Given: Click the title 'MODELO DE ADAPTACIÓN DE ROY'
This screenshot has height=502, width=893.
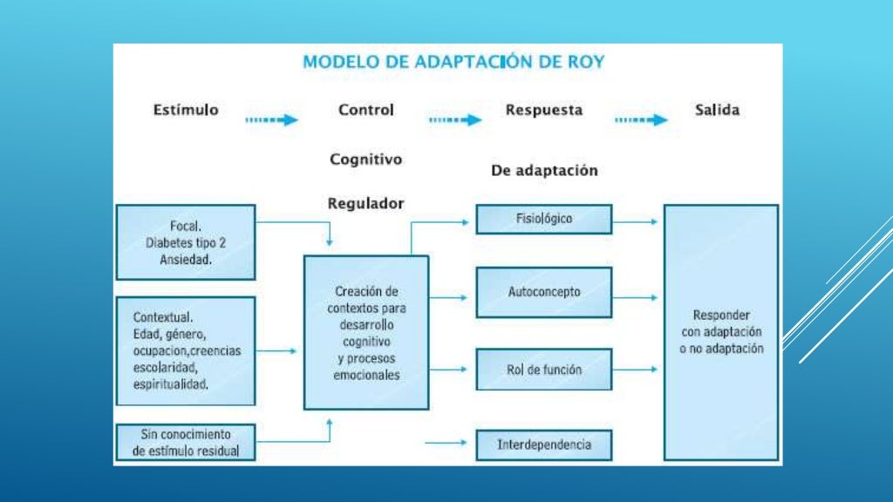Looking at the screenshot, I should click(453, 62).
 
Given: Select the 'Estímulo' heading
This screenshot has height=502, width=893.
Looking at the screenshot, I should click(186, 111).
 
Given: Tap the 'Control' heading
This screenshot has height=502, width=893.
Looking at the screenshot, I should click(366, 111).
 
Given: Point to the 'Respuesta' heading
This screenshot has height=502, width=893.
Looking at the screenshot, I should click(544, 111).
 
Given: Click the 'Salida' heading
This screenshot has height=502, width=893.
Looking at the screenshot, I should click(717, 111).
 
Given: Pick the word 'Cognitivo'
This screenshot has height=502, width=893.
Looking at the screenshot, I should click(366, 159).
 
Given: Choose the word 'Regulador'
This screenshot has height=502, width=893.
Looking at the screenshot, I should click(366, 203).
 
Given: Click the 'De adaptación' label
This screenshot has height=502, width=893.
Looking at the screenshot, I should click(544, 171).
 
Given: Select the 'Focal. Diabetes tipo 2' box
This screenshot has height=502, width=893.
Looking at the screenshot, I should click(186, 242).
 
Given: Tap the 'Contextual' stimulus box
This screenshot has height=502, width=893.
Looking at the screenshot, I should click(186, 350).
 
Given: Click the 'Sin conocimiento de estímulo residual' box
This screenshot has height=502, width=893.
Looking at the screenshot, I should click(186, 443).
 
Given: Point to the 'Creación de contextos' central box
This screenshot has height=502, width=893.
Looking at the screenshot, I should click(366, 332).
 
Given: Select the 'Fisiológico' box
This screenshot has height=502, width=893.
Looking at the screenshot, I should click(544, 219).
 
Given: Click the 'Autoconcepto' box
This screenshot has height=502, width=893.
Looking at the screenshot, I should click(544, 292).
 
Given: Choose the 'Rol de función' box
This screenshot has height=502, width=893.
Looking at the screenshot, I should click(544, 370).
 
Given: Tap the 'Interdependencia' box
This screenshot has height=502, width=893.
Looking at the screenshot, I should click(544, 444).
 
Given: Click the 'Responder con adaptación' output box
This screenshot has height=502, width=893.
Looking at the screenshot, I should click(721, 332).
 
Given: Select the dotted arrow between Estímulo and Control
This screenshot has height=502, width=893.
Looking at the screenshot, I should click(272, 120).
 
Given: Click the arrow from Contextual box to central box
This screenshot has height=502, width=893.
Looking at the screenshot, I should click(278, 350).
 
